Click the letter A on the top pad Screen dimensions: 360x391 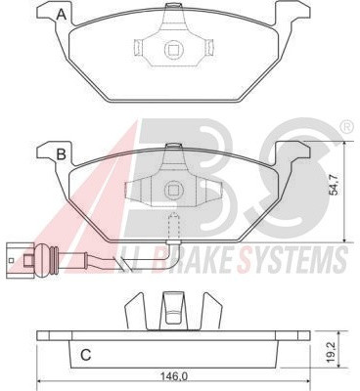(x=61, y=15)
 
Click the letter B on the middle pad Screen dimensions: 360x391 (x=62, y=154)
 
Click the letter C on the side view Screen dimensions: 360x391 (x=86, y=355)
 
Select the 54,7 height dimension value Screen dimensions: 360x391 (x=335, y=185)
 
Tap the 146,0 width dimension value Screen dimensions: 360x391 (x=174, y=376)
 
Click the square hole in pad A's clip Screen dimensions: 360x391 (x=174, y=49)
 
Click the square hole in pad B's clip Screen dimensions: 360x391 (x=174, y=190)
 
